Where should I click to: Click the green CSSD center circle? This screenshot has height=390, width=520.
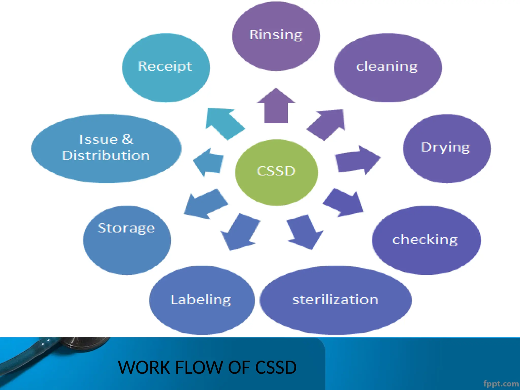pos(276,172)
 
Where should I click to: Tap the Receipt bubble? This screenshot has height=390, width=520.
pos(166,68)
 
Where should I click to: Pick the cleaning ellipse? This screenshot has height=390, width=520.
pos(387,68)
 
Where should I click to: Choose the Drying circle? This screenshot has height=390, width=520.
pos(446,149)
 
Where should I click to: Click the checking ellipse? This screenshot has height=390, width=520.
pos(426,240)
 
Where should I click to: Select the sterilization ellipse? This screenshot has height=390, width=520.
pos(335,300)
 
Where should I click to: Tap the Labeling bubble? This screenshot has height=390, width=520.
pos(202,300)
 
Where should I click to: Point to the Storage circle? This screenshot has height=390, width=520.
pos(126,240)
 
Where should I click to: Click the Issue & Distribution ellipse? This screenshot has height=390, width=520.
pos(106,149)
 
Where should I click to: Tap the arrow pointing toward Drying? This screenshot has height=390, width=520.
pos(357,160)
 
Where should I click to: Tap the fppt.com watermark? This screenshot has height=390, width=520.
pos(501,383)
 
